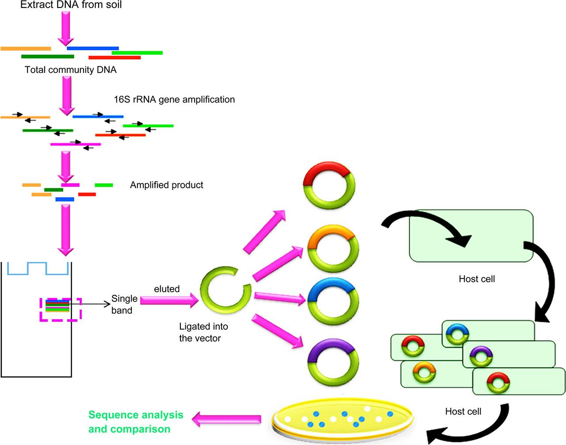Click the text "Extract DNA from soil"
[x=71, y=5]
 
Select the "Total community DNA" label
[x=71, y=70]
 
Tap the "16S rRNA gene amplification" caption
[x=174, y=99]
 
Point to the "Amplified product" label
[x=167, y=185]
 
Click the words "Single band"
[x=124, y=304]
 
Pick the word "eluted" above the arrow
[x=167, y=289]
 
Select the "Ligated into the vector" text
[x=203, y=332]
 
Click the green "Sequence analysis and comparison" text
[x=136, y=422]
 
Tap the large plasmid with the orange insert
[x=329, y=248]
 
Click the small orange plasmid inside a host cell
[x=422, y=373]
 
